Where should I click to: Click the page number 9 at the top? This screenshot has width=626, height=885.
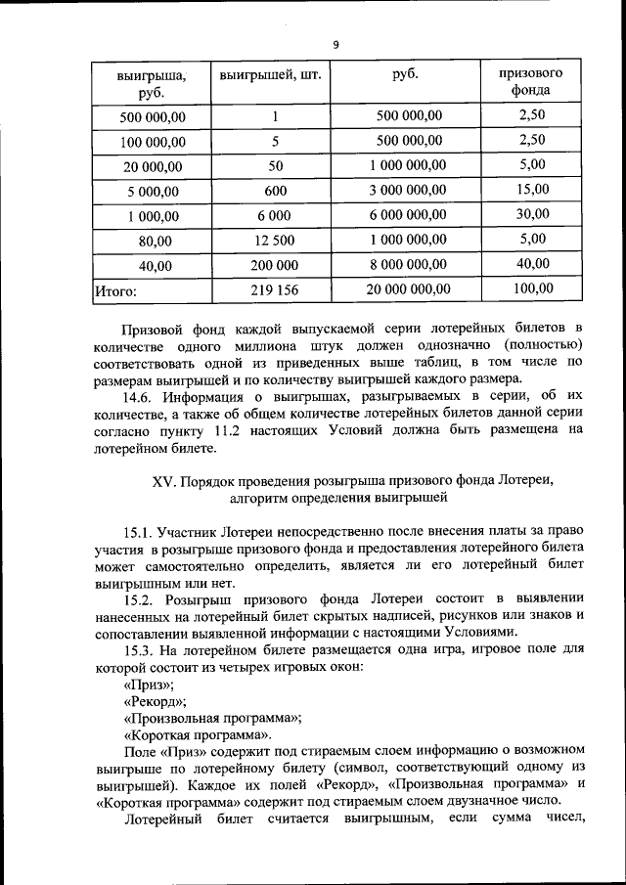pos(335,45)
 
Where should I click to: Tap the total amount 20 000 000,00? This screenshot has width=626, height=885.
pos(408,289)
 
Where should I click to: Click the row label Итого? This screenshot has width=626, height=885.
pos(115,290)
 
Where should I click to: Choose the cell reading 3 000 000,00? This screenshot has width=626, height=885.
pos(408,190)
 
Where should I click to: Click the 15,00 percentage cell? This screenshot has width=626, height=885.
pos(533,189)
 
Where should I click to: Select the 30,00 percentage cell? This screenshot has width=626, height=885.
pos(533,214)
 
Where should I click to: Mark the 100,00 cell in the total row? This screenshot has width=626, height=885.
pos(533,288)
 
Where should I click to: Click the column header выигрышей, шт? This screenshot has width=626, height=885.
pos(270,74)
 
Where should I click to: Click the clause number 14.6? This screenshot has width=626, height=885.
pos(140,398)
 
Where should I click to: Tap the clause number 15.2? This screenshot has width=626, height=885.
pos(140,597)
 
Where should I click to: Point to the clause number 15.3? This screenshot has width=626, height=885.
pos(140,649)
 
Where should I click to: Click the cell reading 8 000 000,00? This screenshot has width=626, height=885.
pos(408,265)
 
